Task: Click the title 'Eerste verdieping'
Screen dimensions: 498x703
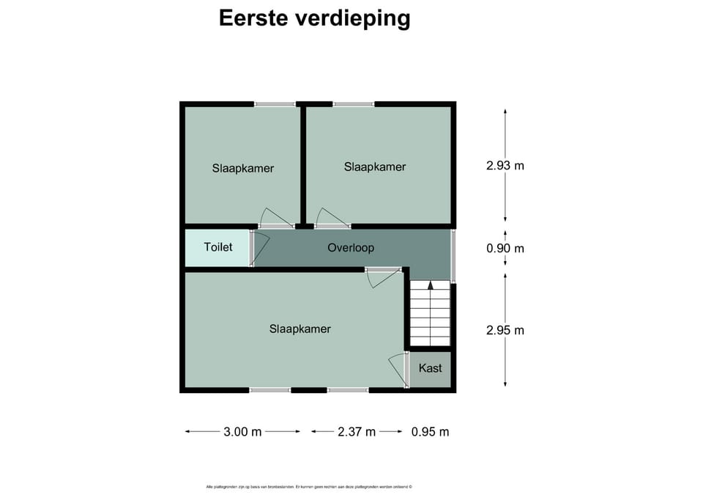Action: tap(315, 18)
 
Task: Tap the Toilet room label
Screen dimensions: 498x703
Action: tap(218, 247)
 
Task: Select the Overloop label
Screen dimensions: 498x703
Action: tap(351, 248)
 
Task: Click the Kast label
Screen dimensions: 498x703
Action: tap(431, 368)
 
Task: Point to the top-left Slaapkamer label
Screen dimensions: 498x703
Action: tap(243, 169)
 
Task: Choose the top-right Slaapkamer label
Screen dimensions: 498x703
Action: tap(375, 167)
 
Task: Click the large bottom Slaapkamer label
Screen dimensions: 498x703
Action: tap(300, 329)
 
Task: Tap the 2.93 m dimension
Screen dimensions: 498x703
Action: tap(505, 166)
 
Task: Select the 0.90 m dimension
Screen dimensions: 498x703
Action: tap(505, 249)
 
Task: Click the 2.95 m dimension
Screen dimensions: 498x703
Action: tap(505, 330)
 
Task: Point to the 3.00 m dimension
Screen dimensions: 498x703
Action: tap(242, 432)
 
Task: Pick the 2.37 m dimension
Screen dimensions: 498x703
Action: tap(357, 432)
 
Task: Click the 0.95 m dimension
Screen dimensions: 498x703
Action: tap(431, 432)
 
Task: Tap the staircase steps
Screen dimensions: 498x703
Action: tap(430, 315)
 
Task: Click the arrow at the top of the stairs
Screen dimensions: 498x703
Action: tap(430, 285)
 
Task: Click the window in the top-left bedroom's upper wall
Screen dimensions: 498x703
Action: tap(275, 104)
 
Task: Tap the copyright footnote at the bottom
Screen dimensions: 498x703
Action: tap(309, 486)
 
